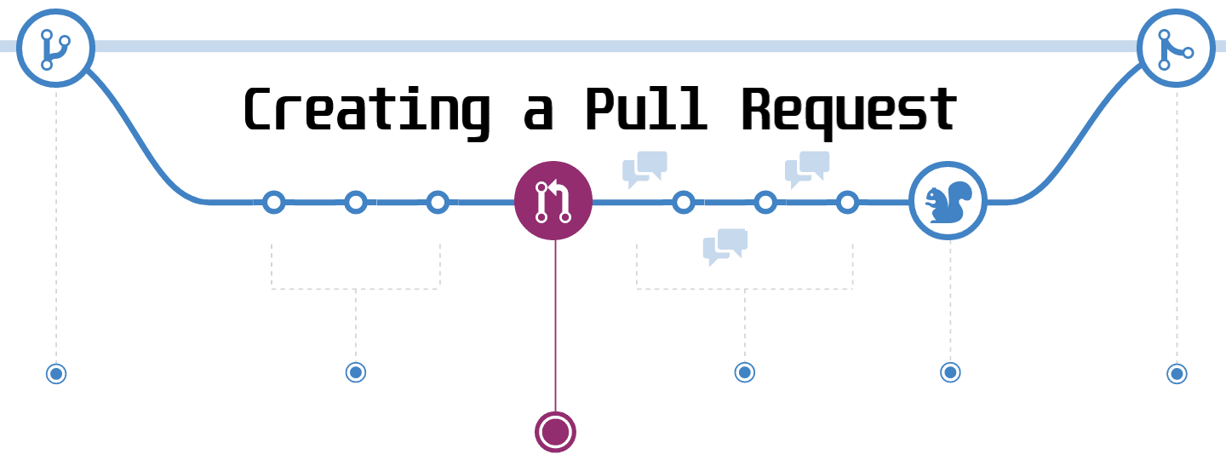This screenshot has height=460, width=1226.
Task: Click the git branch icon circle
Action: pyautogui.click(x=55, y=48)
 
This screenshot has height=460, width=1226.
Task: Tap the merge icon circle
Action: pyautogui.click(x=1177, y=48)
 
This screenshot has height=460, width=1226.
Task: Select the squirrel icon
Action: pyautogui.click(x=948, y=201)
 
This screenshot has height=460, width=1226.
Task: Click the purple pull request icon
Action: pyautogui.click(x=553, y=201)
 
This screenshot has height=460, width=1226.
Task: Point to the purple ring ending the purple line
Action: pyautogui.click(x=555, y=431)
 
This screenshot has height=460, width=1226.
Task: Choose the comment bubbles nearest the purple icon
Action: pyautogui.click(x=645, y=169)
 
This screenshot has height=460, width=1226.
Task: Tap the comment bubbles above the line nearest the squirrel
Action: pyautogui.click(x=807, y=169)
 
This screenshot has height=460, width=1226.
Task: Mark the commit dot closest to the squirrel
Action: pyautogui.click(x=847, y=202)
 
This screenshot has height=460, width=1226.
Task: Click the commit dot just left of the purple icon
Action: pyautogui.click(x=438, y=202)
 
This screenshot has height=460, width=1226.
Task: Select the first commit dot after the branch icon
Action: pyautogui.click(x=273, y=202)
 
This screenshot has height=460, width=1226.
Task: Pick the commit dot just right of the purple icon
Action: pyautogui.click(x=683, y=202)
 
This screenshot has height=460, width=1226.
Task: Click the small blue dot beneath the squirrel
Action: pyautogui.click(x=950, y=372)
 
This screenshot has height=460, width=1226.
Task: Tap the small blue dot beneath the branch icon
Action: pyautogui.click(x=56, y=374)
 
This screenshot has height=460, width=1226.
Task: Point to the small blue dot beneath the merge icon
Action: pyautogui.click(x=1177, y=374)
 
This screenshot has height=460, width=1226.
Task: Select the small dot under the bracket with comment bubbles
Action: pyautogui.click(x=744, y=372)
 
